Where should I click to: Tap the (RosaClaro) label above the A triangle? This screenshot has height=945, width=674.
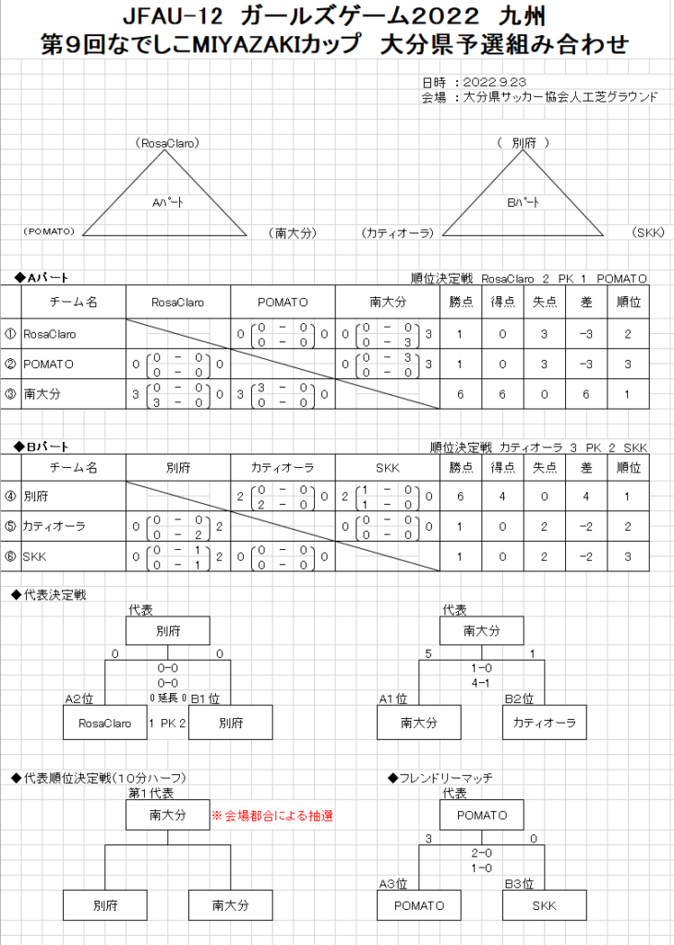(167, 143)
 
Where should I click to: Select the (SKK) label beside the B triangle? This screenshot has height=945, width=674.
(649, 233)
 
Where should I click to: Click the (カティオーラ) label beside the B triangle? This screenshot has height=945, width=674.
(397, 233)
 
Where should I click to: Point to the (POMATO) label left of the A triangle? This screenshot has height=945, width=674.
(49, 231)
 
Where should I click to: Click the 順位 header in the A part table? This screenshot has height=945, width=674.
(627, 302)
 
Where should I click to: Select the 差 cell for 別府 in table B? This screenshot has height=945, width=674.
(585, 496)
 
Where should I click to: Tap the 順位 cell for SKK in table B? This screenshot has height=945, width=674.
(627, 556)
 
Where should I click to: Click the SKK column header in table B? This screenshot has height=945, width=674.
(387, 468)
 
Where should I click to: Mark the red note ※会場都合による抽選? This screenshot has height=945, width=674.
(272, 816)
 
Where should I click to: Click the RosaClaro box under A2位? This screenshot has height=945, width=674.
(105, 724)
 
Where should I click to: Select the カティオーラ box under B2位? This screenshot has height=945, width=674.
(545, 724)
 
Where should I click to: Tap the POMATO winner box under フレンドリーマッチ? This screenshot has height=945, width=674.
(481, 815)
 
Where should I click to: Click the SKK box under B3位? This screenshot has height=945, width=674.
(545, 905)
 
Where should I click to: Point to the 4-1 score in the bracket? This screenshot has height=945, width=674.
(481, 684)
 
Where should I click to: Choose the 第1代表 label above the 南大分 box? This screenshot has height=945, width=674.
(150, 793)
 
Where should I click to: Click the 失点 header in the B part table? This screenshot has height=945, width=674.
(544, 468)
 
